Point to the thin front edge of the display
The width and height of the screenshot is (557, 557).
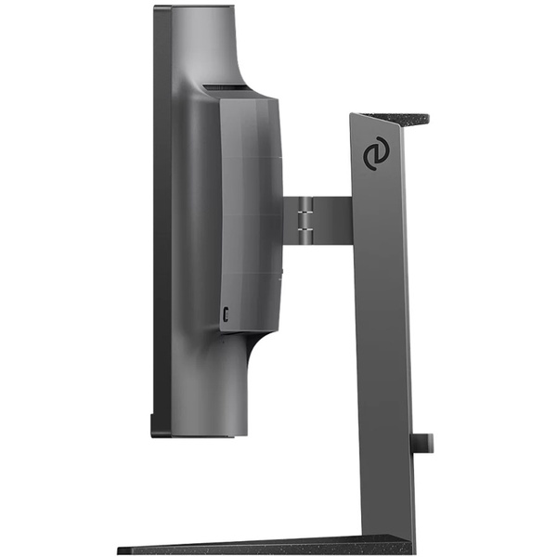(157, 223)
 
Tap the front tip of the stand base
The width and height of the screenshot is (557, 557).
(125, 551)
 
